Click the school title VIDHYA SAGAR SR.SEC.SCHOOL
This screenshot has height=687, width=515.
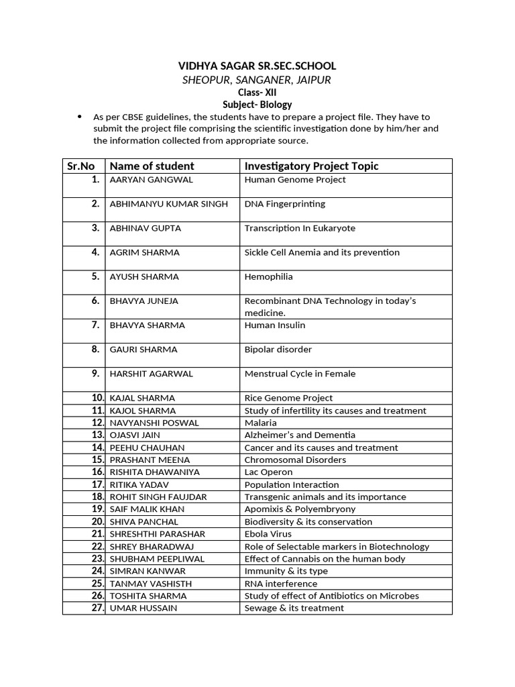pos(257,66)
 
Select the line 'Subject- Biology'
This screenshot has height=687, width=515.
pos(257,105)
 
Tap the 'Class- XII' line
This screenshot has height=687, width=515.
pos(257,92)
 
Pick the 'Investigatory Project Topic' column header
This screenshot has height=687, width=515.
pos(311,166)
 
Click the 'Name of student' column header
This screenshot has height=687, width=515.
pos(152,166)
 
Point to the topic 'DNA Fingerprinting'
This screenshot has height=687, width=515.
pos(284,204)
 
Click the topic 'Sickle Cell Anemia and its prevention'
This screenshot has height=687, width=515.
pos(322,252)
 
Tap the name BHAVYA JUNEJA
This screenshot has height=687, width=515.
pos(144,301)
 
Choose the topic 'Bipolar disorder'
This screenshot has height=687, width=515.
pos(278,350)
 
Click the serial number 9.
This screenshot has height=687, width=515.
pos(96,374)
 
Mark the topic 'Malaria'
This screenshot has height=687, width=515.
pos(260,423)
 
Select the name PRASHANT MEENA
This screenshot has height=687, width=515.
pos(150,460)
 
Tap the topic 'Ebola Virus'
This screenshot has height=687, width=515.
pos(268,534)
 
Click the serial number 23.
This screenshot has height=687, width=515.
pos(98,558)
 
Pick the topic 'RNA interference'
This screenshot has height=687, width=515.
pos(280,584)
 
